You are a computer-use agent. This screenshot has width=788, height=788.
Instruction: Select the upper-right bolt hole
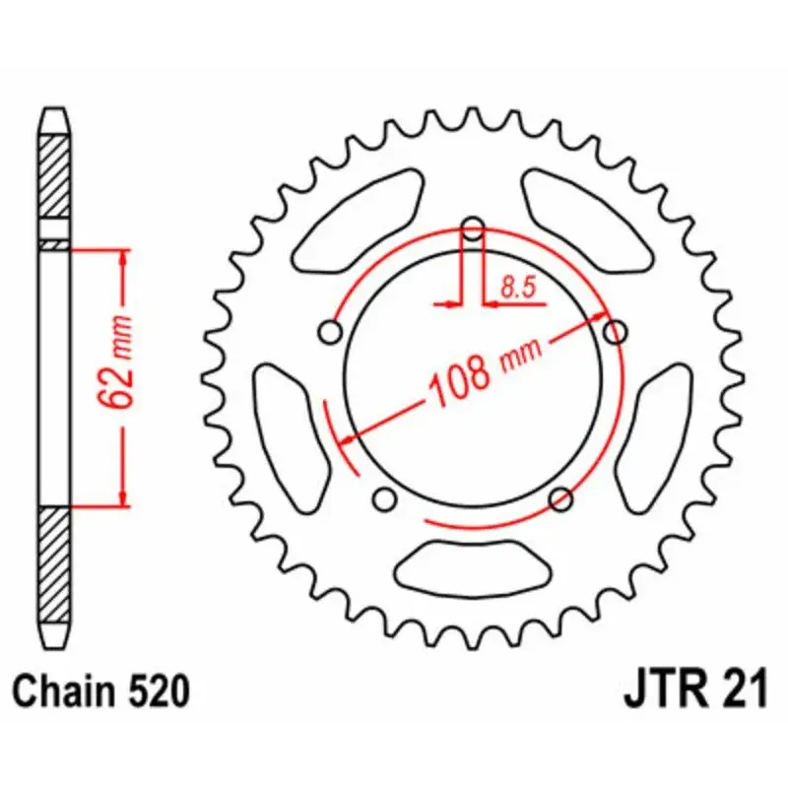click(616, 332)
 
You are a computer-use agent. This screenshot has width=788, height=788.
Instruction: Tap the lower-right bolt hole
click(561, 498)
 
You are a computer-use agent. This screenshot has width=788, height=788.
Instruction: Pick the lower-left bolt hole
click(385, 495)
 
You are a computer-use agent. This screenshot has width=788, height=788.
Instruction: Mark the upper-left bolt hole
click(331, 331)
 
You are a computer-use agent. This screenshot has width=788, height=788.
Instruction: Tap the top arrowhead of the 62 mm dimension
click(122, 258)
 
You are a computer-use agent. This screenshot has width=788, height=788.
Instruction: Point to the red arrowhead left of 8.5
click(450, 304)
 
